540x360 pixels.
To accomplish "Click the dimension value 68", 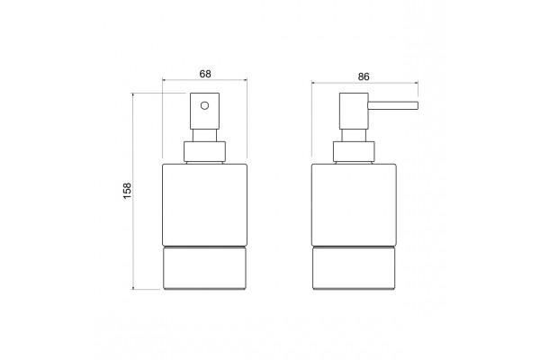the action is [x=205, y=74].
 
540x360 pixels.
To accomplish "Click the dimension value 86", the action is [x=364, y=76].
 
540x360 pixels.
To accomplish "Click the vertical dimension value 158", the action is [x=127, y=191].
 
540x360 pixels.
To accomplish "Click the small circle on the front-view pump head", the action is [x=204, y=105].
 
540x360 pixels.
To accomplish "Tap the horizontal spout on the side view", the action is [x=393, y=105].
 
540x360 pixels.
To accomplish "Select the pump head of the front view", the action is [x=204, y=111].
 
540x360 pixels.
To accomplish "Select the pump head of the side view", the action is [x=354, y=111].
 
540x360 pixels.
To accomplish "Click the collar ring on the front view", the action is [x=204, y=151].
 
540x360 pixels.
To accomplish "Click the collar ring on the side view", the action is [x=354, y=151].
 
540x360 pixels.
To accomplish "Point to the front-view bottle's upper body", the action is [x=204, y=205].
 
